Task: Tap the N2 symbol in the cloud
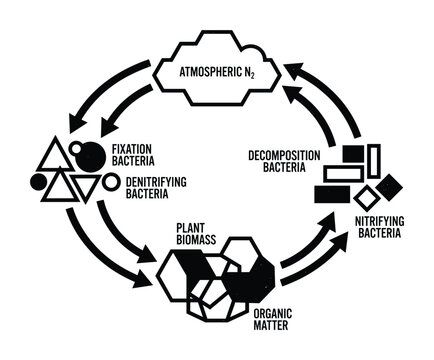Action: pyautogui.click(x=247, y=75)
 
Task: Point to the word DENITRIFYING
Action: pyautogui.click(x=139, y=182)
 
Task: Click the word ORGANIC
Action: pyautogui.click(x=291, y=310)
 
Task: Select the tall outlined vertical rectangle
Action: pyautogui.click(x=374, y=161)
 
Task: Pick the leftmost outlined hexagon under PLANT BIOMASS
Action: pyautogui.click(x=180, y=270)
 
